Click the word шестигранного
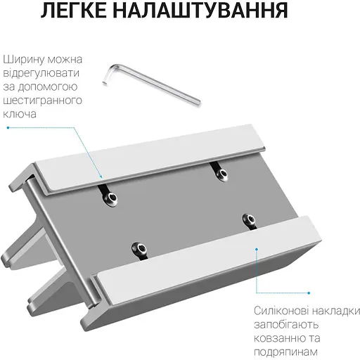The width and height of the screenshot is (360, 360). (41, 100)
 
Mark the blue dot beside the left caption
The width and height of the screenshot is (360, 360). (8, 127)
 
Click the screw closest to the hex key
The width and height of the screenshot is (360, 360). (221, 173)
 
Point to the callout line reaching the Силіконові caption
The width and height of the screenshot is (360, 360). (256, 267)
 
